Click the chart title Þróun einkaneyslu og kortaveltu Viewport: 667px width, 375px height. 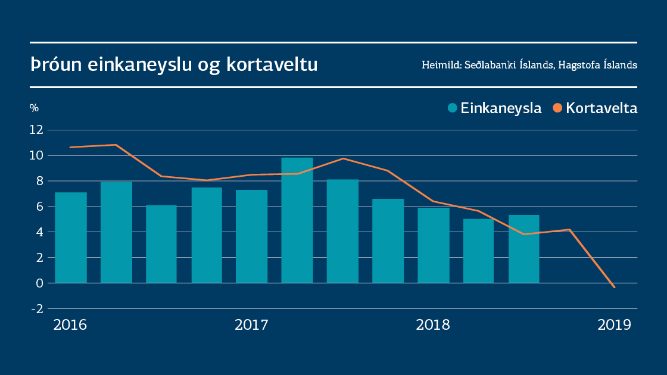click(174, 65)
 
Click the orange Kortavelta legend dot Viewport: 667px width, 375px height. click(557, 108)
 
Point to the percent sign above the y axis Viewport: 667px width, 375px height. click(34, 108)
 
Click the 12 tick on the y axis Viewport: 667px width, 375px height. click(37, 130)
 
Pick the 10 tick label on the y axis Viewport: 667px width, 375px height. click(37, 155)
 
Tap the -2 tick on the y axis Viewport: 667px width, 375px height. click(37, 309)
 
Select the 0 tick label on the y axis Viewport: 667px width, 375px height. click(40, 283)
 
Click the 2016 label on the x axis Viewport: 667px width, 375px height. click(70, 325)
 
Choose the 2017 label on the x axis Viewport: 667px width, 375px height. click(251, 325)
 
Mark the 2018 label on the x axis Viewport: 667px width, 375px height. click(433, 325)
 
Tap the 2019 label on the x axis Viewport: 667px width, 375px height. click(614, 325)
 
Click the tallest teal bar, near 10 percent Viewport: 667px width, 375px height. click(297, 220)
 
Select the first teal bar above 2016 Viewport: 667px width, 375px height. click(71, 237)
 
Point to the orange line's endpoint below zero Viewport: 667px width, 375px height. click(614, 287)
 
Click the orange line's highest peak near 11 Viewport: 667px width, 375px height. click(116, 145)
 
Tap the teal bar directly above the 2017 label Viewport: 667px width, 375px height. click(251, 236)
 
